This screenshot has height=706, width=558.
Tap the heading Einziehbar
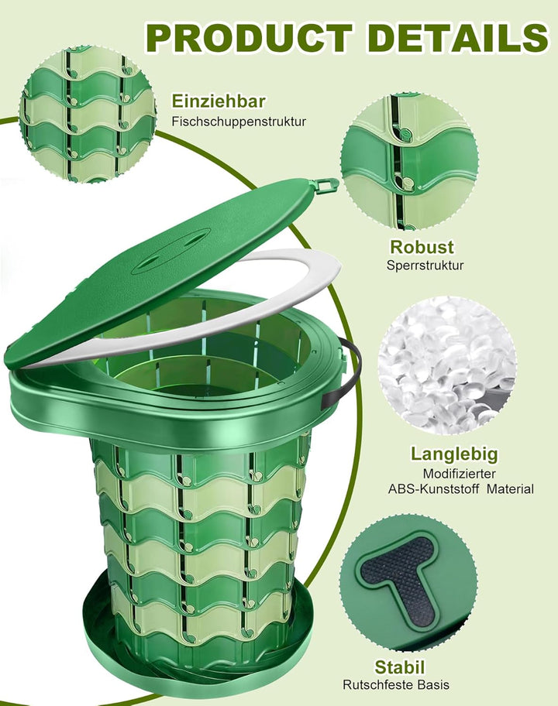point(218,101)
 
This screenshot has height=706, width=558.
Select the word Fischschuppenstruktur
point(239,122)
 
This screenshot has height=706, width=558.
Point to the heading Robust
point(422,247)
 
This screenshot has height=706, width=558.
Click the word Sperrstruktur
point(425,266)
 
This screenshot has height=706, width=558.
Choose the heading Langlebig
point(454,454)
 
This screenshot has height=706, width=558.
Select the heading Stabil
point(399,667)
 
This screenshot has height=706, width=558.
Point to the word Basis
point(433,685)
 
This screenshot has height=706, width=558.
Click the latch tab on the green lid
point(326,184)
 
